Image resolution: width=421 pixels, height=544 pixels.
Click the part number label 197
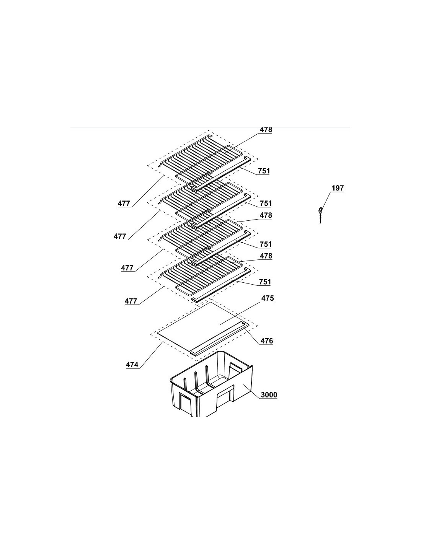(338, 188)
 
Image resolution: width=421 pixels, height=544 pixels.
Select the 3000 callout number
(269, 395)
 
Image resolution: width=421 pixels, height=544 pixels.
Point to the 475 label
(268, 298)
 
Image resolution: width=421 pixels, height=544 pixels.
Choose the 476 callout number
(267, 341)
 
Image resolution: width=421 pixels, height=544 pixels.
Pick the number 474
(132, 365)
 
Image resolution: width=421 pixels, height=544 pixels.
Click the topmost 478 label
(266, 130)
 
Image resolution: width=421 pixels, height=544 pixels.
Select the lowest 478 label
(266, 256)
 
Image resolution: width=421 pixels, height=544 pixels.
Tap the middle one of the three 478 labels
(266, 215)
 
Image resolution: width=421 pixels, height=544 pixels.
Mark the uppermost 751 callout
(264, 171)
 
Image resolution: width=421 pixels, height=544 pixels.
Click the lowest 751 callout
(265, 282)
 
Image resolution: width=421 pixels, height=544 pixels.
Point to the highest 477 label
(124, 204)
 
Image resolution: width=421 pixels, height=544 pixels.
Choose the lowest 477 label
(131, 301)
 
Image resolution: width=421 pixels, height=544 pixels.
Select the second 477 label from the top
(120, 236)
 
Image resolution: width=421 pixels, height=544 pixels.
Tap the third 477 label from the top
(127, 268)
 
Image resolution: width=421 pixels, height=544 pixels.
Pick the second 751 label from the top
(266, 204)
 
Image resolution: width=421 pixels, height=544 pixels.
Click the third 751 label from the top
(266, 244)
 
